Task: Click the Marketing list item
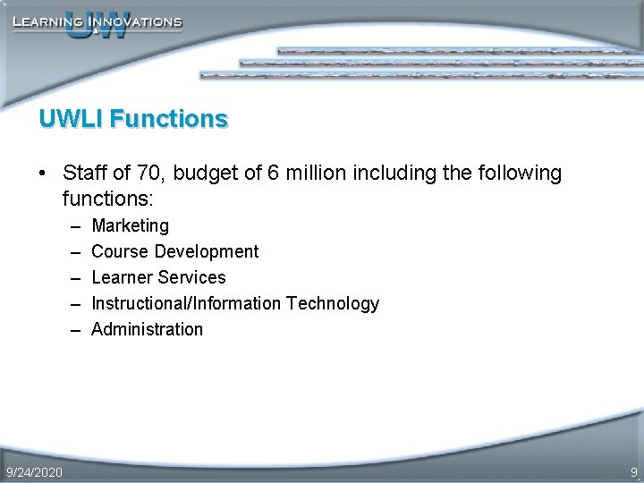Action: [130, 225]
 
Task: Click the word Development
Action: [206, 251]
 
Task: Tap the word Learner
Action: [122, 277]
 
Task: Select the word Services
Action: [191, 277]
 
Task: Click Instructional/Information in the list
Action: [186, 303]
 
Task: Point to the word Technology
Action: [333, 303]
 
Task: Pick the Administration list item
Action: [147, 329]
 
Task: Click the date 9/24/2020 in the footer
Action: [34, 471]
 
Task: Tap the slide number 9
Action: [633, 471]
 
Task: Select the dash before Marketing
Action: [72, 225]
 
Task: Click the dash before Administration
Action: [72, 329]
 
